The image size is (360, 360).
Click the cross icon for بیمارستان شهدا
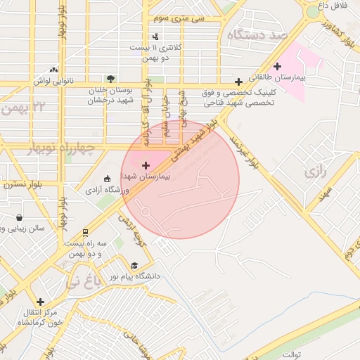146,165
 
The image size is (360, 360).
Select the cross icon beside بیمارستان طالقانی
278,66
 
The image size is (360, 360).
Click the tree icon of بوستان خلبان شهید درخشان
110,79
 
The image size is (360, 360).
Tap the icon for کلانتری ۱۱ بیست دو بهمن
155,37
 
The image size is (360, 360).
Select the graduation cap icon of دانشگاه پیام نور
134,266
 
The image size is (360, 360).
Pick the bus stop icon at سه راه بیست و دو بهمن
85,231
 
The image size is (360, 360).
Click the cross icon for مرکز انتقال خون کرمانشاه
40,301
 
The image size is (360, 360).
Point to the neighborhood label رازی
314,171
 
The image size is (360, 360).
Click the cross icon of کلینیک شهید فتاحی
239,82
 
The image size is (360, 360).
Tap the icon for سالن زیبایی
18,218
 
